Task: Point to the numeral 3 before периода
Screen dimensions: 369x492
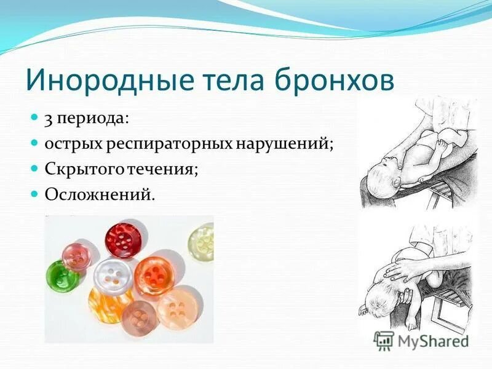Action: click(x=47, y=118)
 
